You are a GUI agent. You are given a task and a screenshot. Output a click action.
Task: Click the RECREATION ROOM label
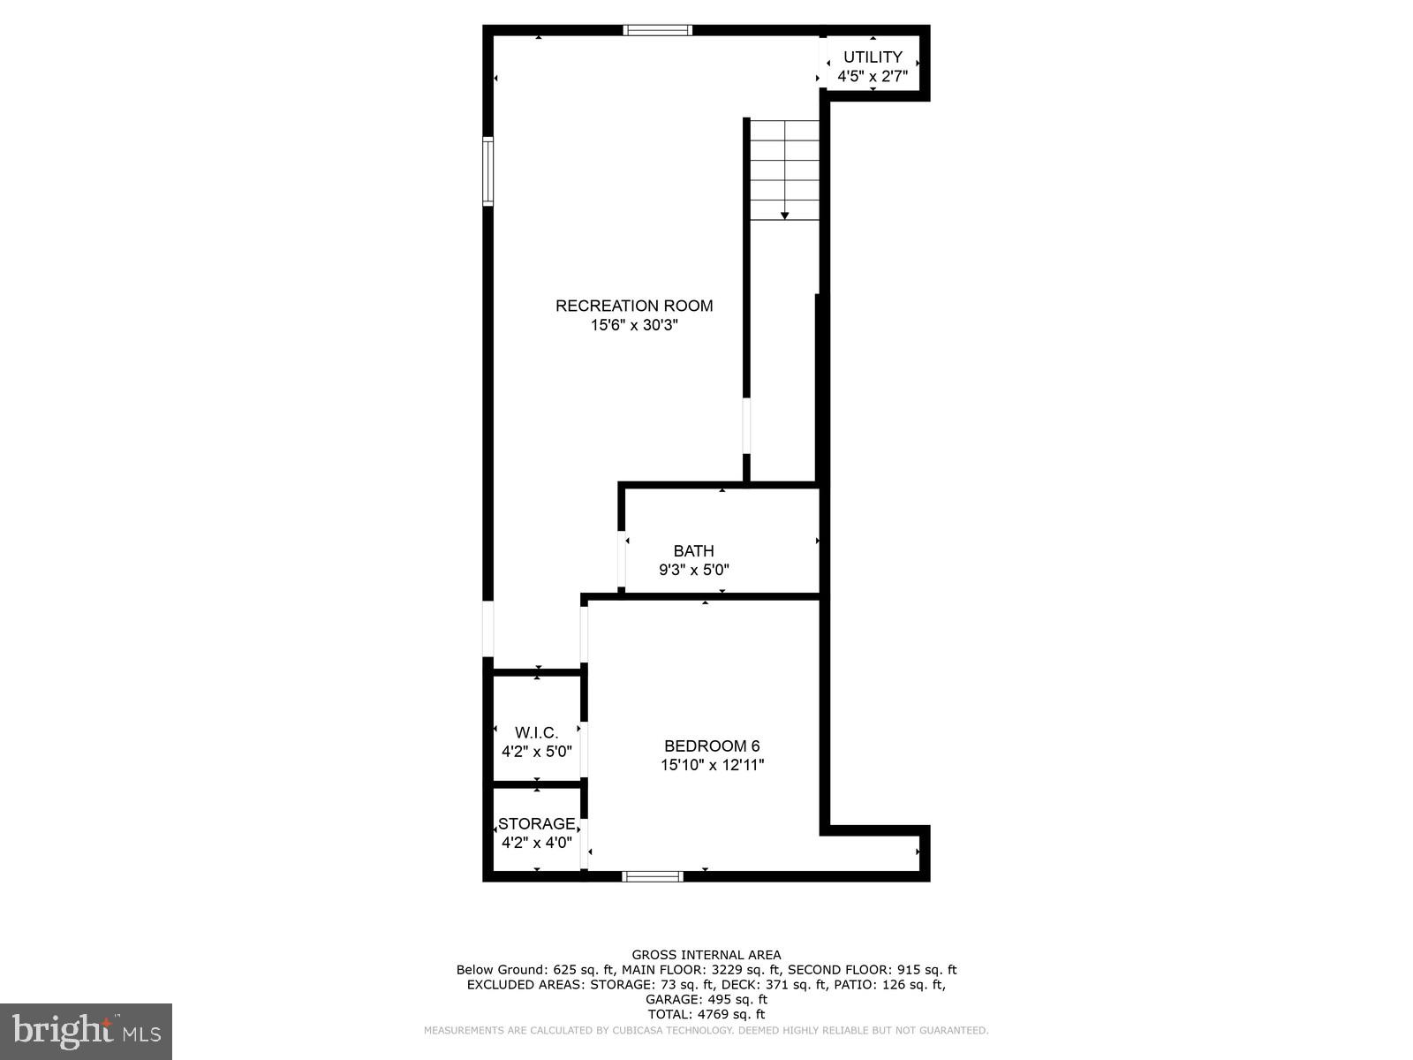point(634,306)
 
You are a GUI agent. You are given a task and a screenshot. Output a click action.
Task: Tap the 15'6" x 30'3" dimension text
point(634,325)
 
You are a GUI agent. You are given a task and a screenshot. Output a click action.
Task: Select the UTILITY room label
point(873,57)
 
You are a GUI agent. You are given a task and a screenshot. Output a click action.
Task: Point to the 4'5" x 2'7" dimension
point(873,77)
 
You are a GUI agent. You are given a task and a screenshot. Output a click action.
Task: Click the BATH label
point(693,551)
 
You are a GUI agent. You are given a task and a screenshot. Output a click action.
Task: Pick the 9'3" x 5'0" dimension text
point(693,571)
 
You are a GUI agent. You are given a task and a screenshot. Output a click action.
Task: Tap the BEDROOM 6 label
point(712,746)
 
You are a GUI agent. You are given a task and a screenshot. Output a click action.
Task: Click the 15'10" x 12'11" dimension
point(712,765)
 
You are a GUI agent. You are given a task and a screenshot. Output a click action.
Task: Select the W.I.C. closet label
point(537,732)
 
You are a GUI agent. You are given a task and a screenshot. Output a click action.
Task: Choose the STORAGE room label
point(536,824)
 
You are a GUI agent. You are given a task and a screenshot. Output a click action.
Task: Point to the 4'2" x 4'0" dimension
point(537,843)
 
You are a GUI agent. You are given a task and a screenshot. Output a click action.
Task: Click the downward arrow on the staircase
point(784,215)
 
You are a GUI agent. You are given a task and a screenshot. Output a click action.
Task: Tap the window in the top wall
point(657,31)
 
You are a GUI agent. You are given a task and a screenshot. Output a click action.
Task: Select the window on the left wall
point(487,171)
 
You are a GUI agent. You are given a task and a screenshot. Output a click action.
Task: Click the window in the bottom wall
point(653,876)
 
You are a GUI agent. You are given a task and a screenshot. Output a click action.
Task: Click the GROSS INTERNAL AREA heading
point(706,955)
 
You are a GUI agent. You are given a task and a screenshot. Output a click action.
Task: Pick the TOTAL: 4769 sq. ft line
point(706,1014)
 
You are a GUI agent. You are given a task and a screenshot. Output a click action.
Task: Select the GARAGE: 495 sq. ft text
point(706,999)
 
